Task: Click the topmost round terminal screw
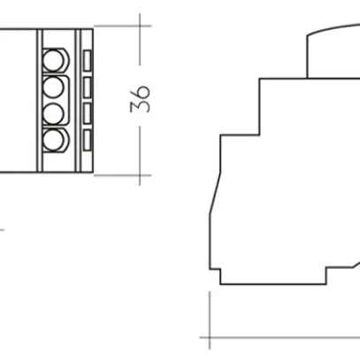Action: pos(55,60)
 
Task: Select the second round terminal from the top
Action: pos(55,87)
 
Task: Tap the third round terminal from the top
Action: pos(55,112)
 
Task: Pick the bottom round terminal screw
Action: pos(55,138)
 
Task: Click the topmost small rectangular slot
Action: pos(87,59)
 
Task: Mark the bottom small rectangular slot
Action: pos(87,139)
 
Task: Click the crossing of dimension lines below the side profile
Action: pos(209,338)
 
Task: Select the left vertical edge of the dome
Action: pos(307,55)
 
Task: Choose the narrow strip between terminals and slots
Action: pos(75,99)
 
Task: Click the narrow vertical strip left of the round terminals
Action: pos(38,99)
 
